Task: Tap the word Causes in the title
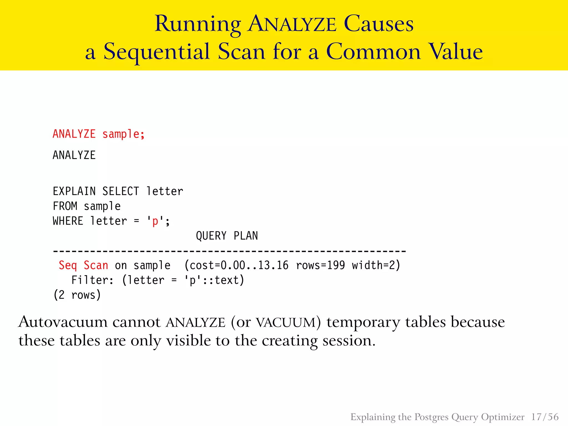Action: [379, 24]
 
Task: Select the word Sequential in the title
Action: [157, 52]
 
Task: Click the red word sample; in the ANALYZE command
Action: [123, 134]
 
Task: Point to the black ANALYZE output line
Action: [74, 155]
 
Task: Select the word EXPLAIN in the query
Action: [74, 191]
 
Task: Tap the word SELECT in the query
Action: [121, 191]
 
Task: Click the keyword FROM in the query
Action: [65, 206]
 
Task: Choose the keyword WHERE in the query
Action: [68, 221]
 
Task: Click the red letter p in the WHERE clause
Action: [155, 222]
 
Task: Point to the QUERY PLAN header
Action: [227, 236]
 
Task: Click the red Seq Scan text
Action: [83, 265]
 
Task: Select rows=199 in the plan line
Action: [320, 265]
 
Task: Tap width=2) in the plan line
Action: [376, 265]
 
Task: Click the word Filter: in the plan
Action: [92, 280]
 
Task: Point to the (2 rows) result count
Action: [77, 295]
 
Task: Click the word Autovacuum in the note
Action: [63, 322]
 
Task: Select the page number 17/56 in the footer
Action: [545, 417]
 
